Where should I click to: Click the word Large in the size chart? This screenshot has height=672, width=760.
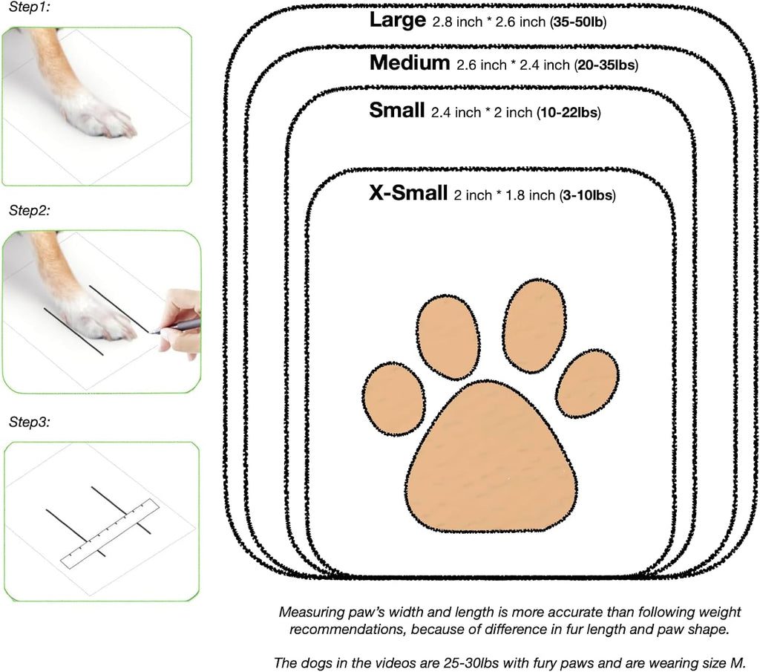click(398, 20)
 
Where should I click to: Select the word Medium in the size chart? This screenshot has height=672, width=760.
click(410, 63)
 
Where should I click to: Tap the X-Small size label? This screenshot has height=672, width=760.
click(408, 193)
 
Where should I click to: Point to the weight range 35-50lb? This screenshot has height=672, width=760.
click(578, 22)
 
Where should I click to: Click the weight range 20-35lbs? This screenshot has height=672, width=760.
click(606, 65)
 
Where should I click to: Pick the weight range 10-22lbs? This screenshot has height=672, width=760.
click(569, 112)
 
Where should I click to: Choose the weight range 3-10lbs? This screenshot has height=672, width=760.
click(588, 195)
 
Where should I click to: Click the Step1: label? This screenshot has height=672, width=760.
click(30, 7)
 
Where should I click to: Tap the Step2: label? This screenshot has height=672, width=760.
click(30, 210)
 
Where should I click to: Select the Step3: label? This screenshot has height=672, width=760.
click(30, 422)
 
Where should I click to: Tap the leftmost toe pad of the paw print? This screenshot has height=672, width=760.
click(394, 399)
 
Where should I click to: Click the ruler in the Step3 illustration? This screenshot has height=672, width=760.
click(110, 533)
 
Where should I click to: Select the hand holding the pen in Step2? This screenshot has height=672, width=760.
click(180, 322)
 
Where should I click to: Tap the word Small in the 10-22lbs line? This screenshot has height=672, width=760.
click(397, 110)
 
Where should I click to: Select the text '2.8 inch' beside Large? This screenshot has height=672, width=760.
click(457, 22)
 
